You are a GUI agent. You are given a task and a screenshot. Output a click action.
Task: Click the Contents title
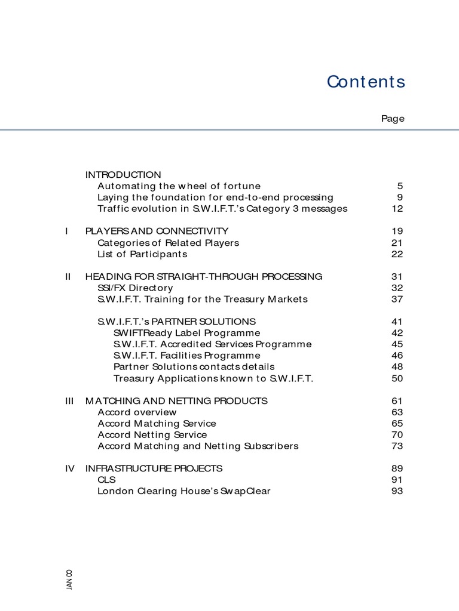click(x=366, y=82)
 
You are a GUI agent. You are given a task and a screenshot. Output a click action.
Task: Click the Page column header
click(x=393, y=119)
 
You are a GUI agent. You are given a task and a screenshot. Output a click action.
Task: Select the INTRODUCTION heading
click(x=123, y=175)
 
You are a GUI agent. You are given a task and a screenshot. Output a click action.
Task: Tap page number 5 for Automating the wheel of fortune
click(x=400, y=186)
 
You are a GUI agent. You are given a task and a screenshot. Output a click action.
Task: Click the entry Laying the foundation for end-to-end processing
click(x=215, y=198)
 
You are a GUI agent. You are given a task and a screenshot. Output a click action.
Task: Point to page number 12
click(x=397, y=209)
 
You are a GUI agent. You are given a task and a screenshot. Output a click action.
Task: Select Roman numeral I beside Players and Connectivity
click(x=68, y=231)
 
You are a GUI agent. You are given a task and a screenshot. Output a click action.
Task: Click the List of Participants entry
click(x=142, y=254)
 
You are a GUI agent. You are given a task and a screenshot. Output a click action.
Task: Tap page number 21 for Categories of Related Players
click(x=397, y=243)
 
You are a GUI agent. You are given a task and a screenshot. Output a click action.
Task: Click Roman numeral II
click(x=68, y=277)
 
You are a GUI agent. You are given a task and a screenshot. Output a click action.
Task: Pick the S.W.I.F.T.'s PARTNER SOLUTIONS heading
click(x=176, y=322)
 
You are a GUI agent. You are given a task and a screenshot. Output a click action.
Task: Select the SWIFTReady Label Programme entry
click(x=186, y=333)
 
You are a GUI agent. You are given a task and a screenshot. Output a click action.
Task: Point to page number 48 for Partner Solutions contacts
click(x=397, y=367)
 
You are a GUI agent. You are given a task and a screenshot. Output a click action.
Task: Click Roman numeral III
click(x=69, y=401)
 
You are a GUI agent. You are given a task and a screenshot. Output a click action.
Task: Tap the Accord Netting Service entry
click(x=152, y=435)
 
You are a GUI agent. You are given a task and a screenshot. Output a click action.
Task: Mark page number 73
click(x=397, y=446)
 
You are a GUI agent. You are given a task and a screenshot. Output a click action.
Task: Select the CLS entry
click(x=106, y=480)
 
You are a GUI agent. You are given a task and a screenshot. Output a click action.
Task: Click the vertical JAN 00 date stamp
click(x=69, y=579)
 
